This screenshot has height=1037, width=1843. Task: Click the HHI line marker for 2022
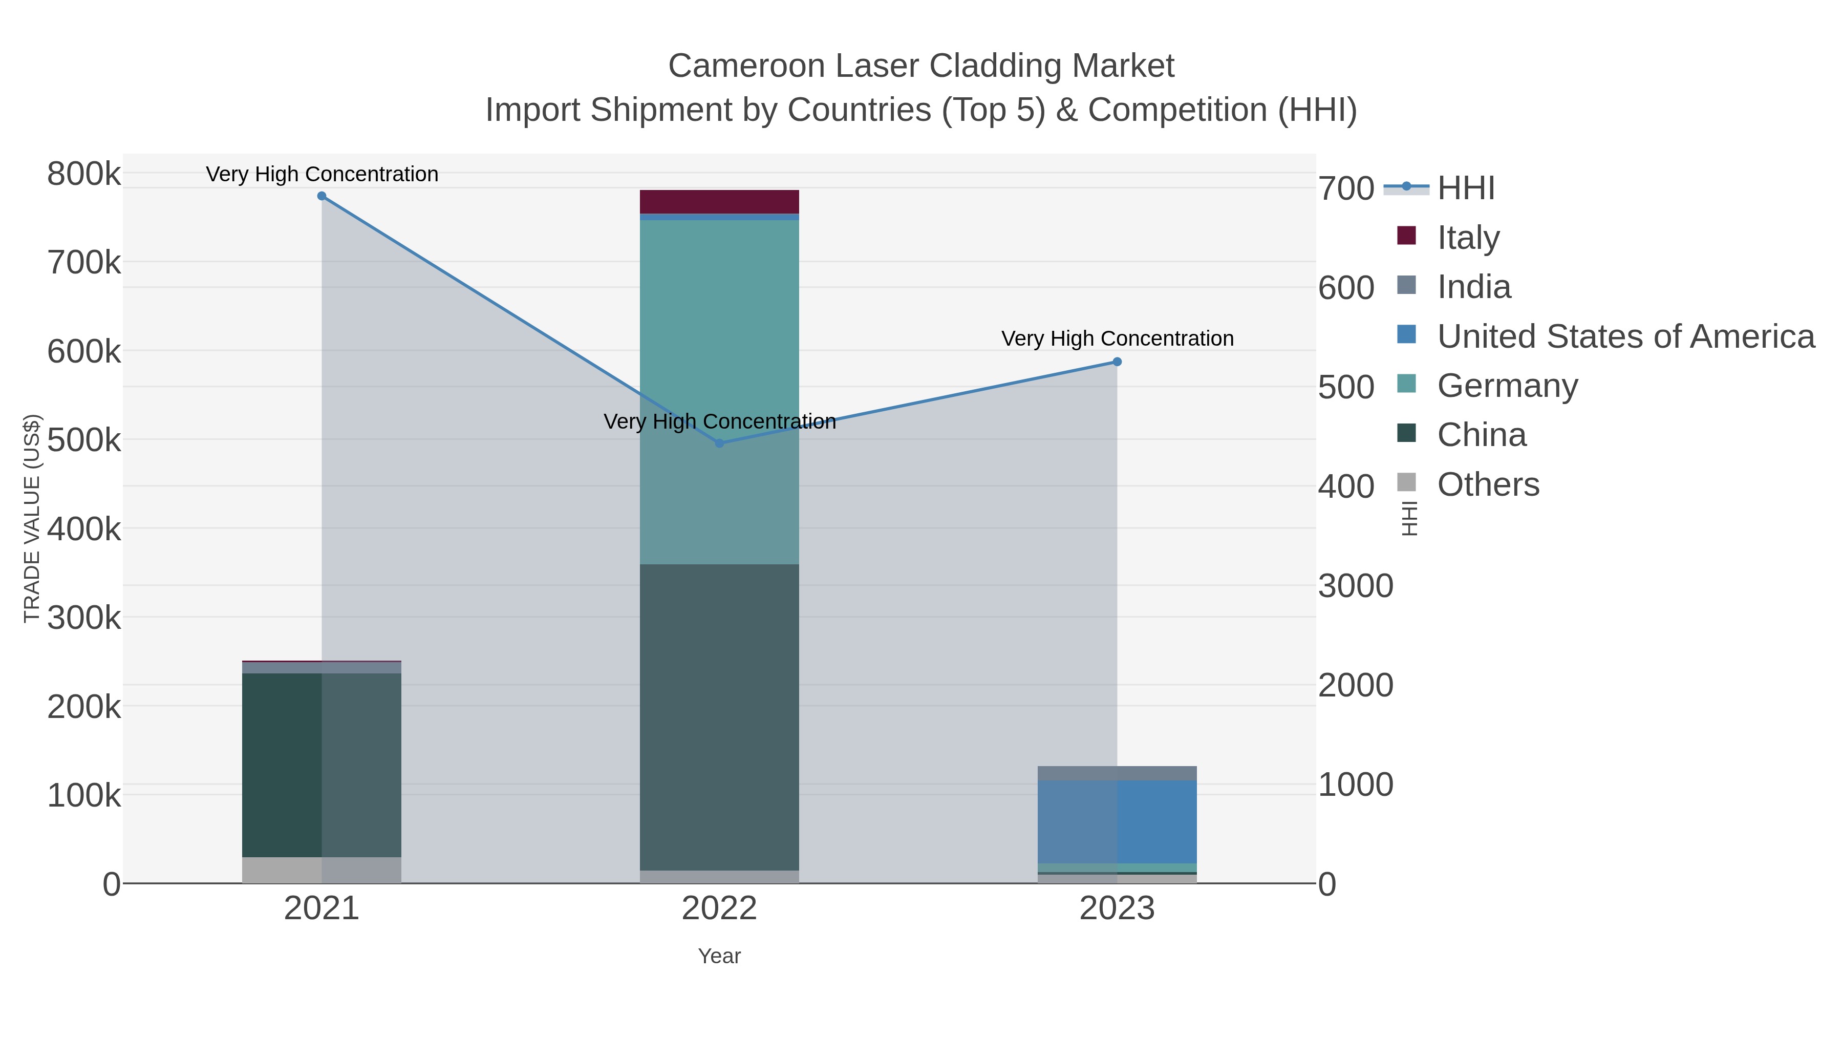click(x=720, y=443)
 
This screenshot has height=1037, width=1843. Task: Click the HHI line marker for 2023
click(x=1117, y=362)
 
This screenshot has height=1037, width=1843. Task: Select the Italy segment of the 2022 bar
click(x=719, y=202)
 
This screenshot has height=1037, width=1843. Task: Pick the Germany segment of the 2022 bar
click(x=719, y=358)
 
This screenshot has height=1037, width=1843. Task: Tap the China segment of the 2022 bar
click(x=719, y=716)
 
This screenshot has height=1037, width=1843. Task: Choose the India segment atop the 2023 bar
click(x=1117, y=773)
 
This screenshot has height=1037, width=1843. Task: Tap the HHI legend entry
click(x=1465, y=188)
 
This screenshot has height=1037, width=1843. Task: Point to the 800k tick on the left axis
click(x=84, y=174)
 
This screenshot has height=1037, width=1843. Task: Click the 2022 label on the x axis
click(x=719, y=909)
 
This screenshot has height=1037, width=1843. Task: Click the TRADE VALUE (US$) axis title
click(x=32, y=518)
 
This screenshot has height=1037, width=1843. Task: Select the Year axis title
click(x=719, y=956)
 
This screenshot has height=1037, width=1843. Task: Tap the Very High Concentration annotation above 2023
click(x=1117, y=338)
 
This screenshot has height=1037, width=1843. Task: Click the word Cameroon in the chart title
click(x=746, y=67)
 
